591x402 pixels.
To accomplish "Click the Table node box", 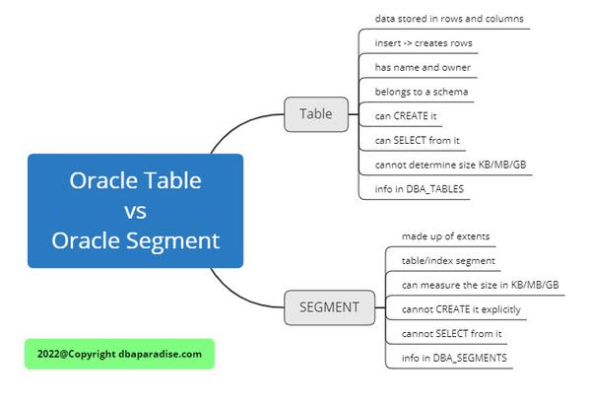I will (x=316, y=113).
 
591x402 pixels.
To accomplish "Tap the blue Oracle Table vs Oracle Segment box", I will (x=135, y=210).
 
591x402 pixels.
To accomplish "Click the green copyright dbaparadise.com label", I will (x=119, y=354).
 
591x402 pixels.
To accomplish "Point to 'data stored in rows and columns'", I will (x=449, y=19).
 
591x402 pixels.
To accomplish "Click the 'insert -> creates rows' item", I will (x=424, y=42).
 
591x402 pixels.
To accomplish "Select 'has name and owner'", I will (x=423, y=67).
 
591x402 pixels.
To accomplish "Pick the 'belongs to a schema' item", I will (x=422, y=92).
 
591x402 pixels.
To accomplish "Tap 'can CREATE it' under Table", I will (x=406, y=116).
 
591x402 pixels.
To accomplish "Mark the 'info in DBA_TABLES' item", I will (x=420, y=187).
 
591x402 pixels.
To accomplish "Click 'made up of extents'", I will (x=446, y=236).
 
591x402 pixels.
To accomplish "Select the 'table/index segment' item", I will (x=448, y=261).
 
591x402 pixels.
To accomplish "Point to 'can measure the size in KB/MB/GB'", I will (x=480, y=285).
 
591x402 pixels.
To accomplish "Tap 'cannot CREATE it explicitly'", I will (x=461, y=309).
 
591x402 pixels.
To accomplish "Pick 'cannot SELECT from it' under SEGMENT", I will (x=451, y=333).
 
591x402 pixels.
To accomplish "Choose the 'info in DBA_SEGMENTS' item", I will (x=454, y=358).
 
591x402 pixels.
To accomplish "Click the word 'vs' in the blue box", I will (x=135, y=210).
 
